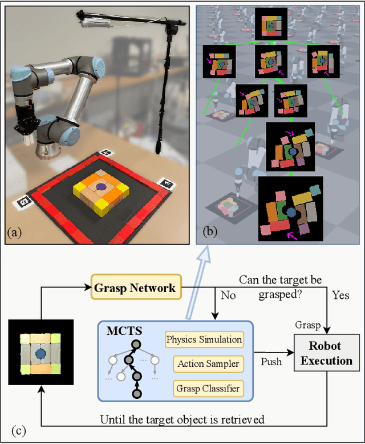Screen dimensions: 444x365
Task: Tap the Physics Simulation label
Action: (204, 339)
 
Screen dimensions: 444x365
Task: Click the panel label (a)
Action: (15, 232)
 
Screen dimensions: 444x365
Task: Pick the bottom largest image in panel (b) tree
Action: (291, 209)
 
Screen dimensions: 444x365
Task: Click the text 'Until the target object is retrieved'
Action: (182, 420)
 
